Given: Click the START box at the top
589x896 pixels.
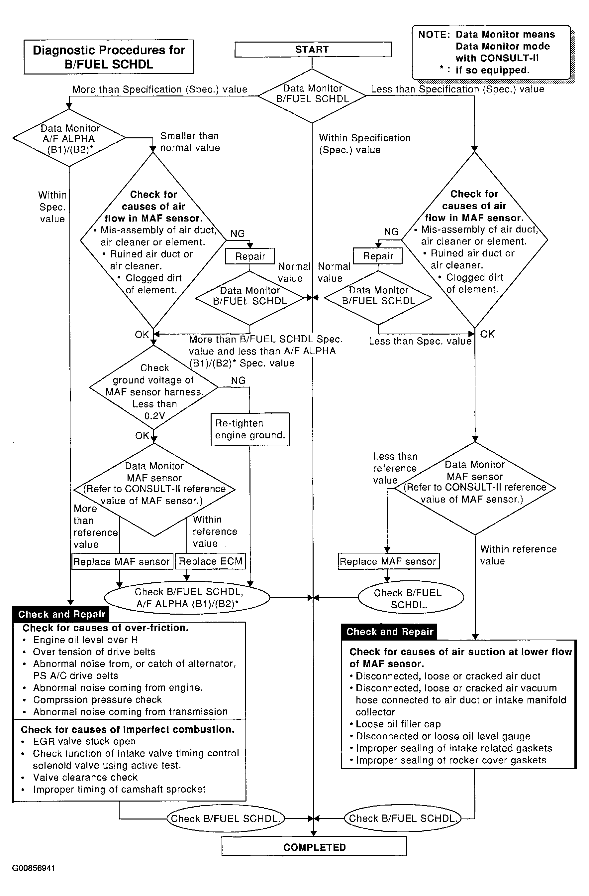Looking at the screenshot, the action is tap(313, 49).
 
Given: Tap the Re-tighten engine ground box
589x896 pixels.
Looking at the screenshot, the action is tap(250, 429).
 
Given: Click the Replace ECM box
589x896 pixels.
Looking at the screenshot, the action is tap(211, 561).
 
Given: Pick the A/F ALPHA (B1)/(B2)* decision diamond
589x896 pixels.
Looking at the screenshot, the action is tap(69, 138).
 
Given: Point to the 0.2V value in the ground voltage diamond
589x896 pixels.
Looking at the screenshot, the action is tap(154, 416).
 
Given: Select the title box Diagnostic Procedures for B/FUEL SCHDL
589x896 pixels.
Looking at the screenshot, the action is tap(109, 57).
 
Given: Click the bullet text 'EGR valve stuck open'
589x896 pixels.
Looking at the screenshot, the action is tap(84, 741).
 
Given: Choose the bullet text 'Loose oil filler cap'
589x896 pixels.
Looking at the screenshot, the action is tap(398, 724).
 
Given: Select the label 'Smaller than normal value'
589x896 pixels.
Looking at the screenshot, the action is tap(190, 142).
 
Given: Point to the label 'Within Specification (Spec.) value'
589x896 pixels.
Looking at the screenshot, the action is tap(364, 144).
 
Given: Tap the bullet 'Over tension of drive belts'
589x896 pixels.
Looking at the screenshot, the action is tap(94, 652).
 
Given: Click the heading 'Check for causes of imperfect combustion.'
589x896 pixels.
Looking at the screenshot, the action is tap(128, 729).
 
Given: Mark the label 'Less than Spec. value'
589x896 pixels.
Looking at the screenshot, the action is tap(420, 341).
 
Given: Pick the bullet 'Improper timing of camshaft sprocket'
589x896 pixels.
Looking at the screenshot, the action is tap(119, 789).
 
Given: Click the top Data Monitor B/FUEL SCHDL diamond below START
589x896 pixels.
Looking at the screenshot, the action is tap(312, 96).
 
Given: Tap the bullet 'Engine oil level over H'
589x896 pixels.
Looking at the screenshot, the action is tap(85, 640).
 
